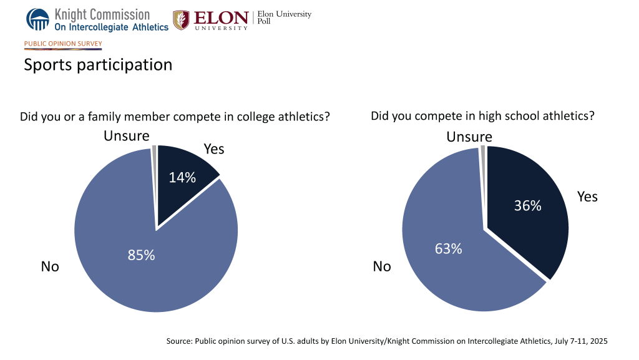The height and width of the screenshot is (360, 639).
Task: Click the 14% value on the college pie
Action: (x=182, y=177)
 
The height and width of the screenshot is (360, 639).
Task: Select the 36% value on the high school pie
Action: (x=527, y=205)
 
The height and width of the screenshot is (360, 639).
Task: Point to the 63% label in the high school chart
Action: (x=448, y=248)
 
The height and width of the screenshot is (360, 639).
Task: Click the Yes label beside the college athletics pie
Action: (x=214, y=148)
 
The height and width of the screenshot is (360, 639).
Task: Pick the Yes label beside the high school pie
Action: (x=587, y=197)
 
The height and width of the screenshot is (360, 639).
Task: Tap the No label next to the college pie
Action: (x=50, y=266)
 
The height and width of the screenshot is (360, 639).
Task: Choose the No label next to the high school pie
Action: (x=382, y=266)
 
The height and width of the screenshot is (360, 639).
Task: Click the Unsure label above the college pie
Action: (x=127, y=135)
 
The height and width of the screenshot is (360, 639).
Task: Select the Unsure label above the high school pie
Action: (x=469, y=137)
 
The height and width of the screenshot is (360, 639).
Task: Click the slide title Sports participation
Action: (x=98, y=64)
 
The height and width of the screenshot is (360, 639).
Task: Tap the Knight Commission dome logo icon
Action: (x=37, y=19)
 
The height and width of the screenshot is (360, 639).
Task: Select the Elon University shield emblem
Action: (x=181, y=20)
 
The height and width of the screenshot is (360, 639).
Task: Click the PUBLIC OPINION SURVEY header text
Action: (x=63, y=44)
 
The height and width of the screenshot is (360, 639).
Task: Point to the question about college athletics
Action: (x=175, y=117)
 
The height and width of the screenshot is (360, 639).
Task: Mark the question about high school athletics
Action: (x=482, y=115)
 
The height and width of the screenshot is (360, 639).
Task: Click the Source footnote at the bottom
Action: (x=386, y=341)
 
